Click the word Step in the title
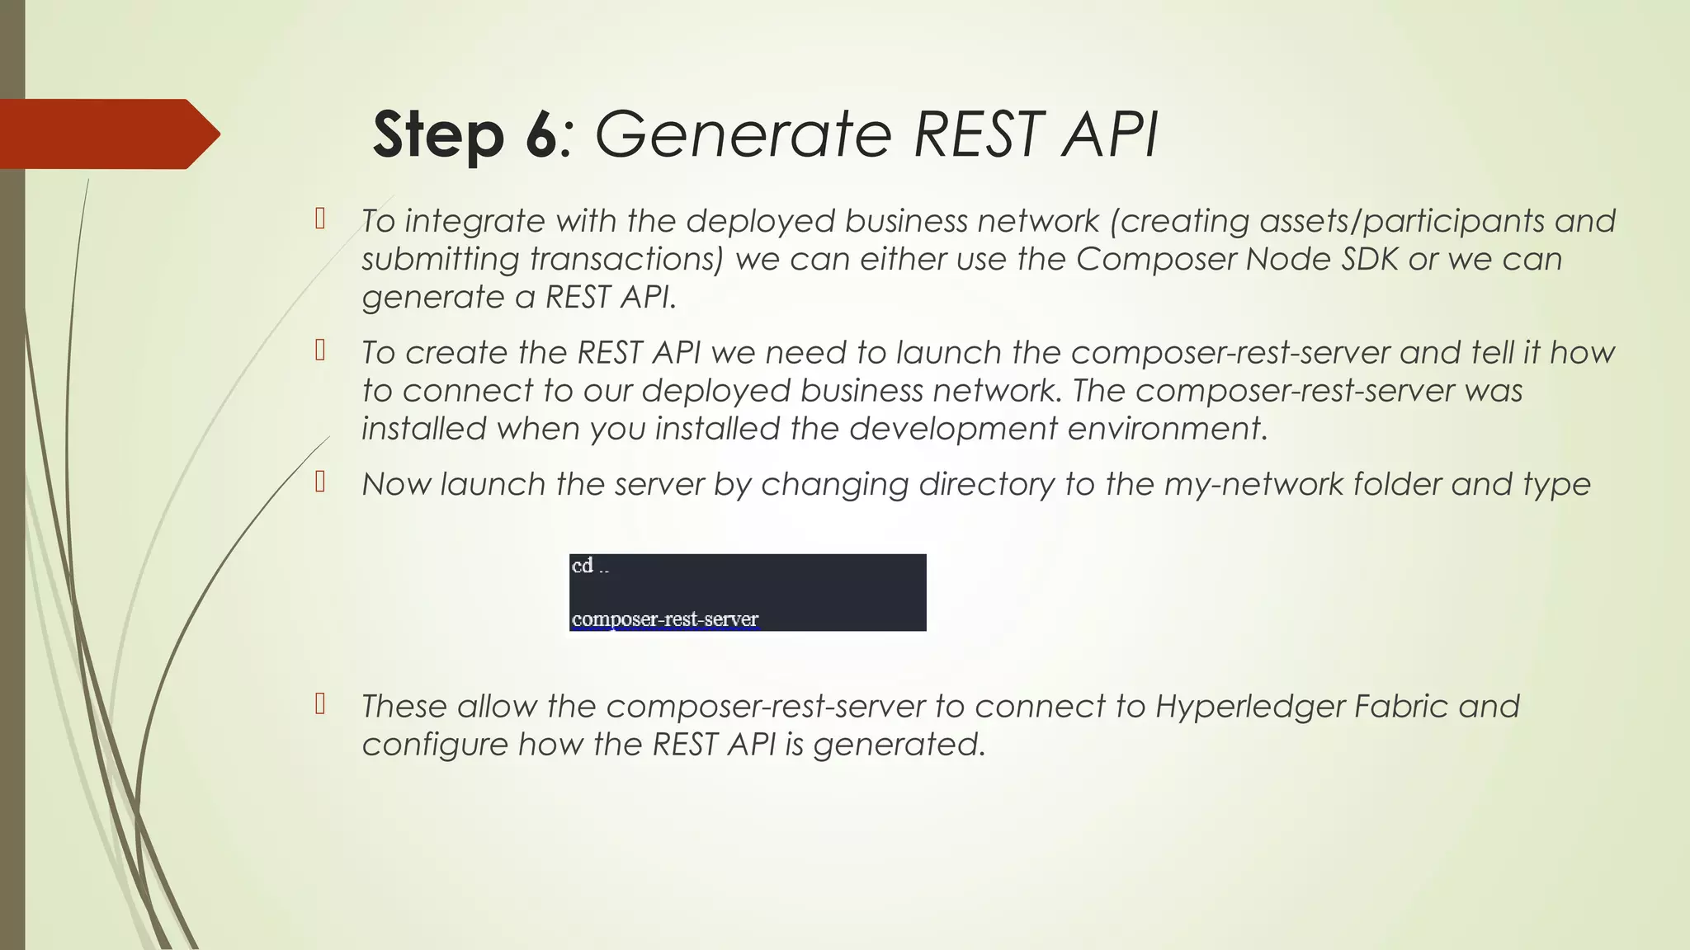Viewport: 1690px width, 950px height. click(437, 134)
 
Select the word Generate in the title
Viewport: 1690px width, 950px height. click(744, 134)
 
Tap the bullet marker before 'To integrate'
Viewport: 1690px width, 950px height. click(320, 219)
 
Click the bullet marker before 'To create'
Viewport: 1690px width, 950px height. click(320, 351)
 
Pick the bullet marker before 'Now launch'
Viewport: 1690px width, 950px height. click(320, 482)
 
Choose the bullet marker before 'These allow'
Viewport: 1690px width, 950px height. click(320, 704)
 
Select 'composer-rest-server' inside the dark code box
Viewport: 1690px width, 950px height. click(665, 619)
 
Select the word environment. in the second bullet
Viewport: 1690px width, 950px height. click(1167, 429)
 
